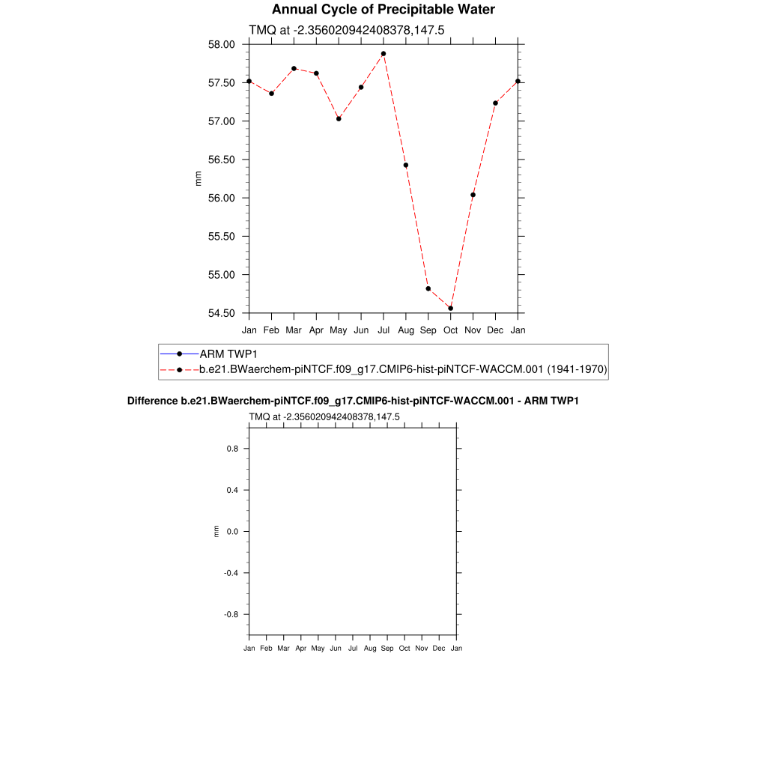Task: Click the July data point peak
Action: [383, 54]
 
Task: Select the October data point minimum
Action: [451, 308]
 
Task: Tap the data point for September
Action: [428, 288]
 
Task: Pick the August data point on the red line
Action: [406, 165]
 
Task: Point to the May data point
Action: [339, 118]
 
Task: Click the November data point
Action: [473, 195]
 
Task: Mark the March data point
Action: [294, 68]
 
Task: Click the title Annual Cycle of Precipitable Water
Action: [383, 10]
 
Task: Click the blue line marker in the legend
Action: [180, 354]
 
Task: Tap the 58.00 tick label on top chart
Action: [221, 44]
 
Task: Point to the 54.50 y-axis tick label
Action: [221, 313]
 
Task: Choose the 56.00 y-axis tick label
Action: [221, 198]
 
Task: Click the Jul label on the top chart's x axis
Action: [383, 330]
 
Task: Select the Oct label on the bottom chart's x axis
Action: [404, 648]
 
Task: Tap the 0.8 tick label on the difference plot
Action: [233, 449]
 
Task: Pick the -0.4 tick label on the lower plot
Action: [231, 573]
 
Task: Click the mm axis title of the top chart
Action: [198, 178]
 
